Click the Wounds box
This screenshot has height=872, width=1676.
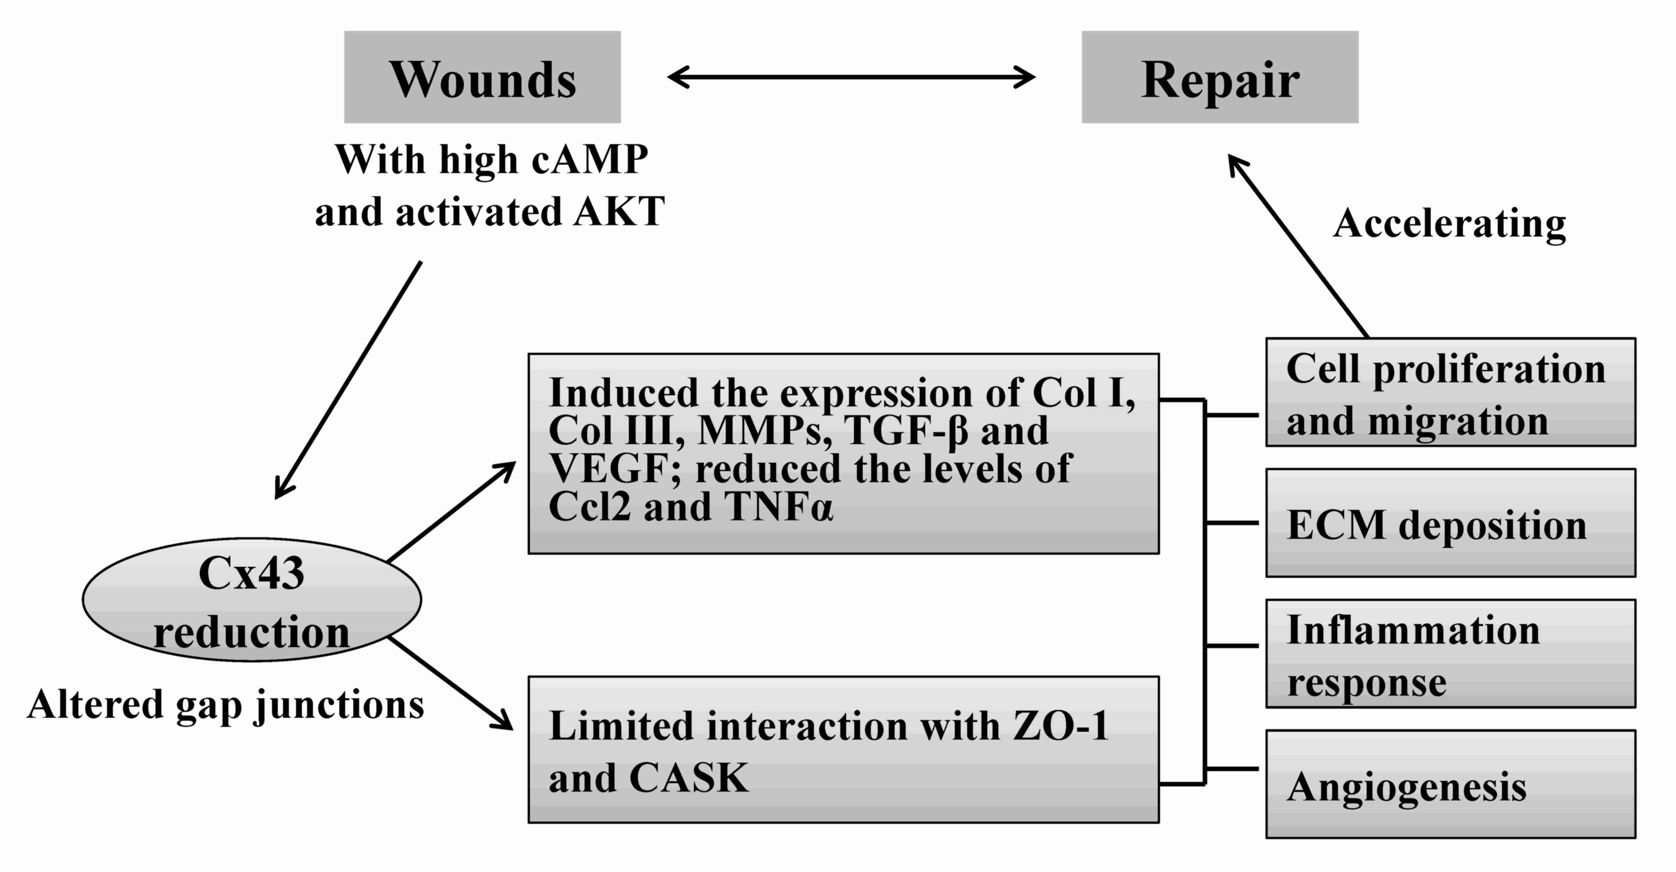pos(482,77)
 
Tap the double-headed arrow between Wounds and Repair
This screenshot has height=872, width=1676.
pos(851,77)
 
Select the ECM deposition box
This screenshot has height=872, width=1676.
pos(1450,523)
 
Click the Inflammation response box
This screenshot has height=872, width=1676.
pos(1450,654)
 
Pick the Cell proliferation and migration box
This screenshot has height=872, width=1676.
pos(1450,392)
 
